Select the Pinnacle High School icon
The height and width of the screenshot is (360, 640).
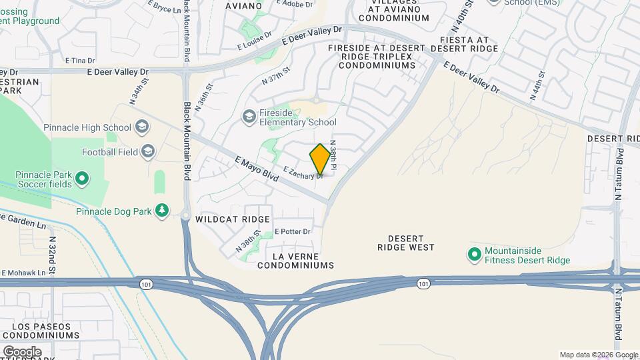[x=141, y=127]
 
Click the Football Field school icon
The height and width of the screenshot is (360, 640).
[x=147, y=151]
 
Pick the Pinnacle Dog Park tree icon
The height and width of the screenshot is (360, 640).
[x=161, y=211]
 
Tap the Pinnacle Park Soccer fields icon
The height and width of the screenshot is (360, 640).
[x=81, y=178]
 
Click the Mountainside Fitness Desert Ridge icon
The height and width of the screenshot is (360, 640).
[x=474, y=255]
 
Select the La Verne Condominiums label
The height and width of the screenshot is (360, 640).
[x=304, y=261]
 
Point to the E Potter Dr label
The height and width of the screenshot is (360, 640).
[x=293, y=232]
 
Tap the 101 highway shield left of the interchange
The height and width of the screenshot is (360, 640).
[x=145, y=284]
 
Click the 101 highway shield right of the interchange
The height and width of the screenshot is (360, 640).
[x=423, y=284]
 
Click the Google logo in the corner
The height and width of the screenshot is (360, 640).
[x=22, y=351]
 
